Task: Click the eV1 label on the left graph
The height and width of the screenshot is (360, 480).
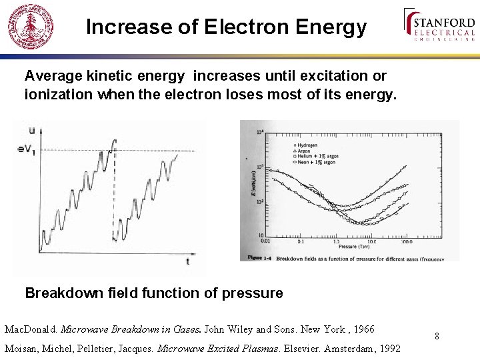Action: (x=26, y=149)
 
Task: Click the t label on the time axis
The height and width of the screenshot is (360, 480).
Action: (x=187, y=262)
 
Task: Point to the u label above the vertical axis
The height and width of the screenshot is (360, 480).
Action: (x=31, y=131)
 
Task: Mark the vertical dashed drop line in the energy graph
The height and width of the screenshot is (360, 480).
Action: (x=113, y=193)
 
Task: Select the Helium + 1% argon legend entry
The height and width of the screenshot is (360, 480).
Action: (x=317, y=156)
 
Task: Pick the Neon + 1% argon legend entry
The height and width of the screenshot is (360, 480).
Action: (x=315, y=162)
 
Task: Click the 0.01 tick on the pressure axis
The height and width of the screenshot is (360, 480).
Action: (x=265, y=241)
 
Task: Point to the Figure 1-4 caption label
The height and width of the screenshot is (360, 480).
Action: (x=261, y=257)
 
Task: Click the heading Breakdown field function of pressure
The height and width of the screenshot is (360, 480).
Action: (x=153, y=293)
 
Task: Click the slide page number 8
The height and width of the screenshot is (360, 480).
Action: (x=437, y=336)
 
